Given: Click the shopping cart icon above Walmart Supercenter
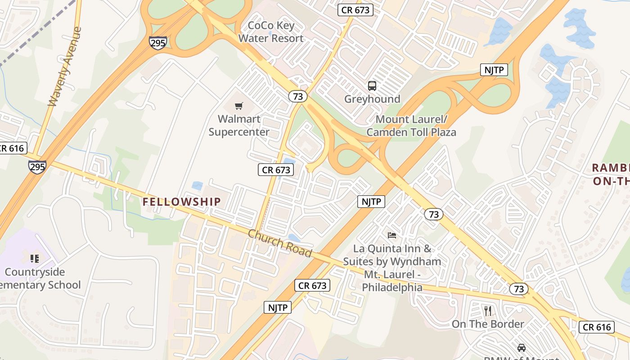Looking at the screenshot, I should (239, 106).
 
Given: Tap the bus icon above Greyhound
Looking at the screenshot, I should (372, 85).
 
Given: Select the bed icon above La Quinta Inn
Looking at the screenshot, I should (392, 235).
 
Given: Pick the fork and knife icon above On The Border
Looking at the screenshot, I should (488, 310).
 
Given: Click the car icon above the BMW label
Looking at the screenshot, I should (521, 347).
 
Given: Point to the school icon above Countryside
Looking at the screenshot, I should (35, 259).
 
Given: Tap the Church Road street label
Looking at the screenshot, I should (280, 243).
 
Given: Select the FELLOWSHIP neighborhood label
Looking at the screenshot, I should (182, 202).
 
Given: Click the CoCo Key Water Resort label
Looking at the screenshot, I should (271, 31).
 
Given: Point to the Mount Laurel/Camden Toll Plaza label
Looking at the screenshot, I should (411, 126).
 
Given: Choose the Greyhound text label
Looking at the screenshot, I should (372, 99).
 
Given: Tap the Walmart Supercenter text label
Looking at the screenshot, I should (239, 126).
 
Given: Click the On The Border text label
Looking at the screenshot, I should (488, 324).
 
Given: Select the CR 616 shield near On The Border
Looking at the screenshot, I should (597, 327).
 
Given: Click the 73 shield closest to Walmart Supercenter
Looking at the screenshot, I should (297, 96).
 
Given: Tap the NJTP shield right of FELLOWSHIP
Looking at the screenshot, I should (372, 202).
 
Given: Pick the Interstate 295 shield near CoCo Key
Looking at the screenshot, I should (158, 43).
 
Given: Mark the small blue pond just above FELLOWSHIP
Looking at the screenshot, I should (197, 185).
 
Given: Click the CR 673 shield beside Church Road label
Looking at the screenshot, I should (313, 285).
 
